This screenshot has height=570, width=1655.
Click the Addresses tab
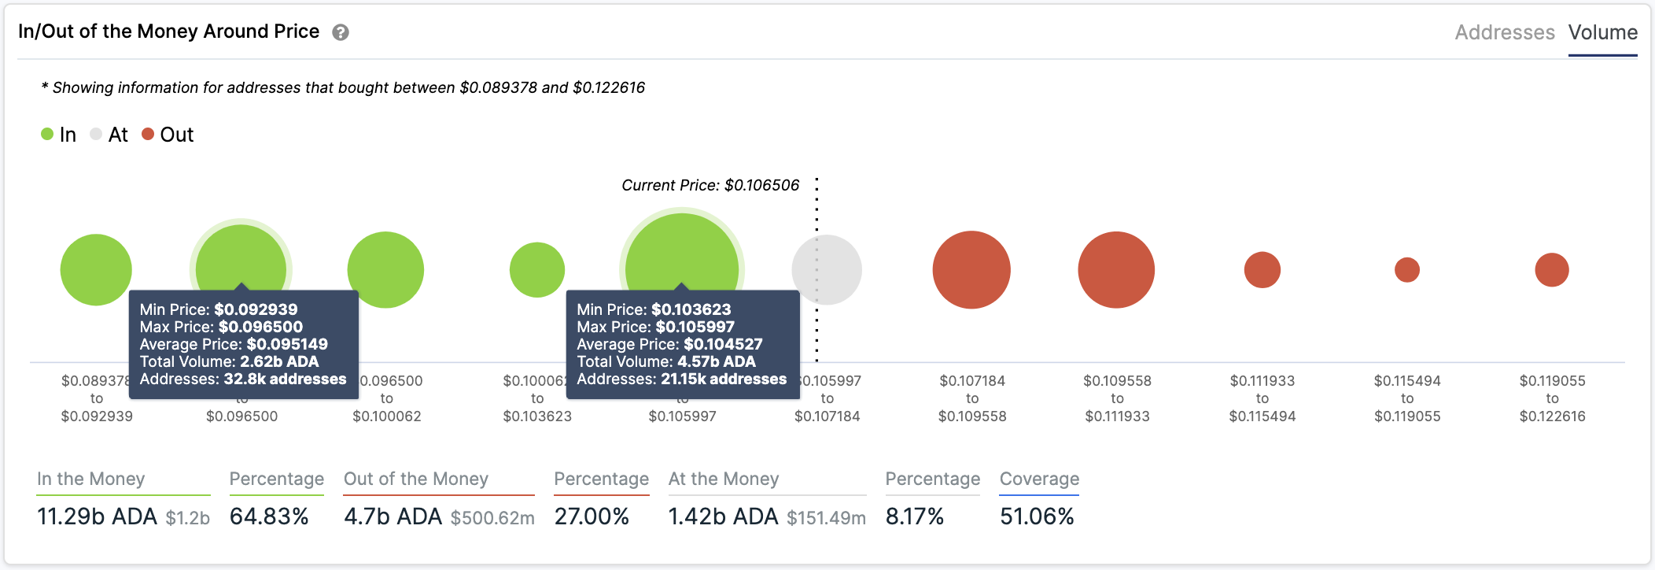pyautogui.click(x=1504, y=32)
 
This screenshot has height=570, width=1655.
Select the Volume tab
pyautogui.click(x=1602, y=32)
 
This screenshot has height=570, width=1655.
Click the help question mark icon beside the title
pyautogui.click(x=341, y=32)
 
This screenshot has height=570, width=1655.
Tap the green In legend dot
pyautogui.click(x=47, y=135)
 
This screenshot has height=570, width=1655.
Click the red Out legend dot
pyautogui.click(x=148, y=135)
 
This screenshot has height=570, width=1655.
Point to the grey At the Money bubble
pyautogui.click(x=827, y=270)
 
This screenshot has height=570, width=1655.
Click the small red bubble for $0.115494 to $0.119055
pyautogui.click(x=1407, y=270)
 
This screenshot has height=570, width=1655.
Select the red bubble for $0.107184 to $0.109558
pyautogui.click(x=971, y=270)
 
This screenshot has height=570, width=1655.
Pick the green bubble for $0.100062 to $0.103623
pyautogui.click(x=537, y=270)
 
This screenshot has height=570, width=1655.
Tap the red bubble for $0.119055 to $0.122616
pyautogui.click(x=1552, y=270)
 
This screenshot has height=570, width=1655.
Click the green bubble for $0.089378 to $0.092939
pyautogui.click(x=96, y=270)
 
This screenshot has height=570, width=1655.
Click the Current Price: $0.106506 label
pyautogui.click(x=710, y=185)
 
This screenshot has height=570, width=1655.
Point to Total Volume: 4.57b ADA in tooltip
pyautogui.click(x=666, y=361)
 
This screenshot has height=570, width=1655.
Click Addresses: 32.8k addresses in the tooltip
pyautogui.click(x=243, y=379)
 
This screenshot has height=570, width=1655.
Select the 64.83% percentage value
pyautogui.click(x=269, y=516)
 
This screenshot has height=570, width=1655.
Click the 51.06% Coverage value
pyautogui.click(x=1037, y=516)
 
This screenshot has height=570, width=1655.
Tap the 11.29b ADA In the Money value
pyautogui.click(x=98, y=516)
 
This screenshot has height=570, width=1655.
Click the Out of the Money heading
pyautogui.click(x=416, y=479)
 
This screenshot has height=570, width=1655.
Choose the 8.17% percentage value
pyautogui.click(x=914, y=516)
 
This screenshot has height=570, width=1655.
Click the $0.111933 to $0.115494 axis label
pyautogui.click(x=1262, y=398)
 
